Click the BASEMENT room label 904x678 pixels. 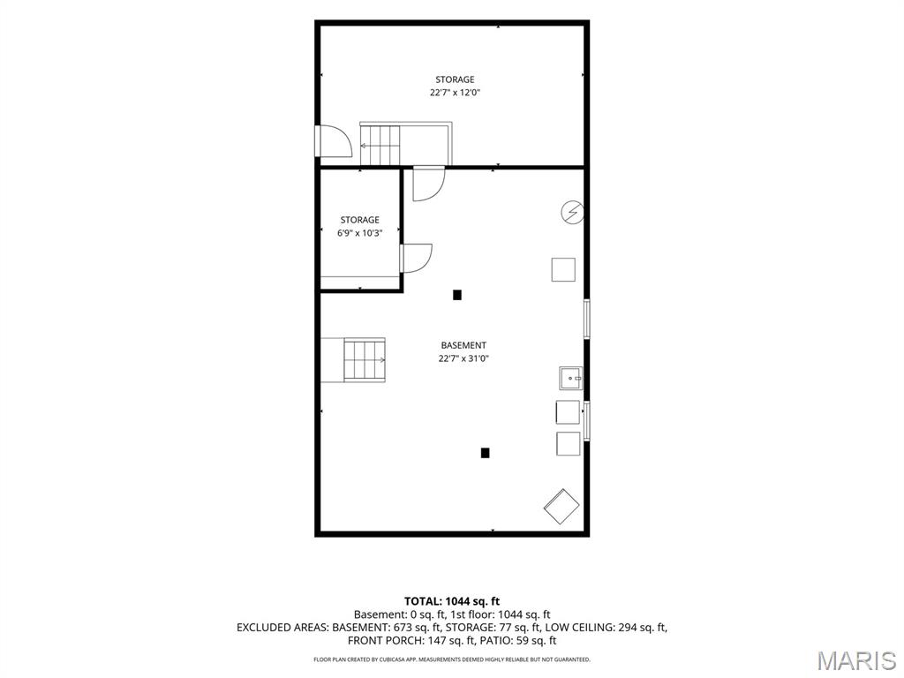[x=463, y=345]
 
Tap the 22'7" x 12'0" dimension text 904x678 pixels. [x=455, y=93]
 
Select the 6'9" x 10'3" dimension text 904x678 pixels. [x=360, y=233]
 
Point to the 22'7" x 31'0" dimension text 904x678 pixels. [x=463, y=358]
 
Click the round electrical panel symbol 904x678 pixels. [x=572, y=212]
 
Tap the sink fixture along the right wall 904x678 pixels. [x=571, y=378]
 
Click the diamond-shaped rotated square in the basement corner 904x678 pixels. [x=561, y=506]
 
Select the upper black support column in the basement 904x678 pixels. [x=457, y=295]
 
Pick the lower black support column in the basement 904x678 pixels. [x=486, y=453]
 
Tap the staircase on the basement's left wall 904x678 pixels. [x=365, y=360]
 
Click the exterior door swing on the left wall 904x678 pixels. [x=333, y=140]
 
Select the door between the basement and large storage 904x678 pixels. [x=429, y=184]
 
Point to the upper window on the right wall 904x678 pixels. [x=587, y=319]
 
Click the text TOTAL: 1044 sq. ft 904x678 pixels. [x=452, y=602]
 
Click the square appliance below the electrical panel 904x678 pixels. [x=563, y=270]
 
